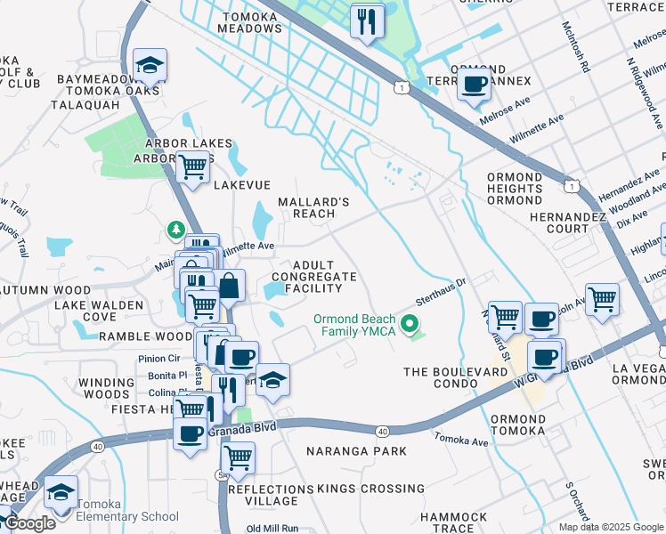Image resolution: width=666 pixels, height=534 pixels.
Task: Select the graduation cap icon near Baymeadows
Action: (x=150, y=65)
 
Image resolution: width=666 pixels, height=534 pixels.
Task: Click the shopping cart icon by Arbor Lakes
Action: (x=192, y=166)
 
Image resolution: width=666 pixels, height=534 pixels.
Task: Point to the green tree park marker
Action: (x=176, y=231)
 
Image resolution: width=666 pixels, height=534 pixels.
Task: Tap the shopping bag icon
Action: (x=229, y=286)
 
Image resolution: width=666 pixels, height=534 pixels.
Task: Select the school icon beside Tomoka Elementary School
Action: (x=61, y=491)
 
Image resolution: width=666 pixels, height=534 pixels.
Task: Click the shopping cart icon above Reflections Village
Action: (x=237, y=458)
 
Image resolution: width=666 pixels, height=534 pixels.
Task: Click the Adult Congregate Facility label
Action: (x=313, y=277)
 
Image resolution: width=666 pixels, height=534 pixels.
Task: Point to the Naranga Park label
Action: (x=356, y=451)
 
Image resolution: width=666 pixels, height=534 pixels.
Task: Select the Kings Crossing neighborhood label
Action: (x=357, y=489)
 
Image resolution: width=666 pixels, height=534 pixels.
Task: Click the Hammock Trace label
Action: (x=454, y=522)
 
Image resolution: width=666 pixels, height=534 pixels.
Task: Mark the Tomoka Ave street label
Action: (x=461, y=440)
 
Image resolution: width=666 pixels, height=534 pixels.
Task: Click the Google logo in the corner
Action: (x=30, y=523)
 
